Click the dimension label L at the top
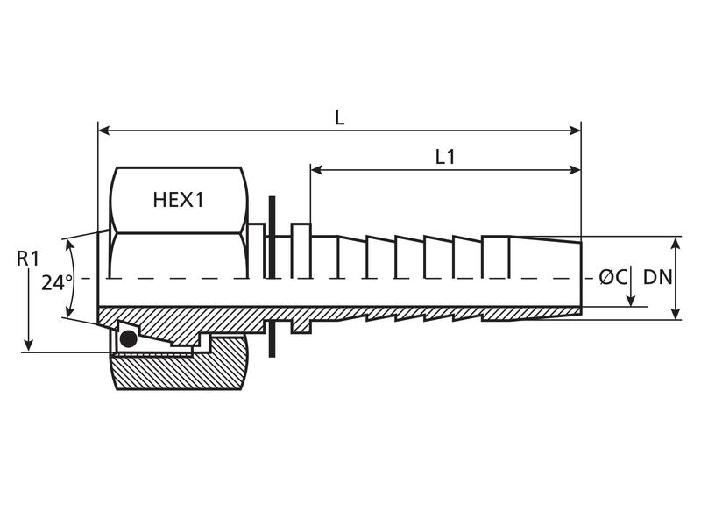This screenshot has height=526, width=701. [339, 117]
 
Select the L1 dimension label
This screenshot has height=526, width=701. [445, 157]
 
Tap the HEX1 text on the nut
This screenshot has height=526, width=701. [178, 200]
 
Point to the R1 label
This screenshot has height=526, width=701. [29, 258]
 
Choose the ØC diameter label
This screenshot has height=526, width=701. [613, 277]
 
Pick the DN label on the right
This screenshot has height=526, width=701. [657, 277]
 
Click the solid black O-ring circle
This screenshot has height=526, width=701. [128, 338]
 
